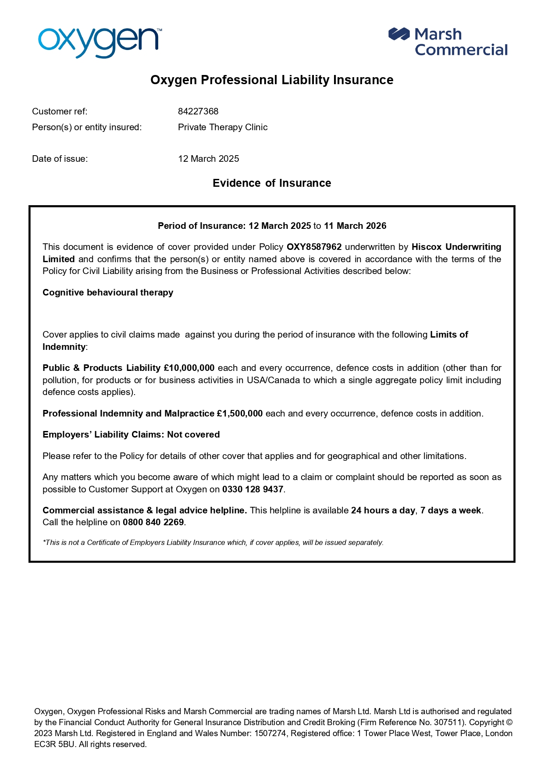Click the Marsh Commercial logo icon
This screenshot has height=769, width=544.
[398, 34]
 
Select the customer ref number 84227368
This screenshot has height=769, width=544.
[198, 111]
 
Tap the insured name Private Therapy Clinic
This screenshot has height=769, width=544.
[223, 127]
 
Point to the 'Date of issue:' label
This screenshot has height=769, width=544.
[60, 159]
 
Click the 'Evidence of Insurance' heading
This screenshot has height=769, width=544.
[272, 183]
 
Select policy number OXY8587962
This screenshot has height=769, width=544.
[314, 247]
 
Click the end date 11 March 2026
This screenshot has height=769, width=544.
[355, 226]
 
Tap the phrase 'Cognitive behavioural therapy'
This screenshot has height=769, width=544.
[108, 292]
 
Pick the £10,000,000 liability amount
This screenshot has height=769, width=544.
[189, 368]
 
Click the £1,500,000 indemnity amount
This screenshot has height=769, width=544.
[240, 413]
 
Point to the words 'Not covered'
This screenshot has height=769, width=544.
[193, 434]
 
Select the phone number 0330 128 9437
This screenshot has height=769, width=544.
[253, 489]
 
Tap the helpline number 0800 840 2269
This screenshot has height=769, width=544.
[153, 522]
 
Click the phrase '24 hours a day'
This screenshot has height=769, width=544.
[383, 510]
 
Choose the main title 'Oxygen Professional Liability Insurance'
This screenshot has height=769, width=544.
[272, 80]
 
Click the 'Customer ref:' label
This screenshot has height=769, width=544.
[60, 111]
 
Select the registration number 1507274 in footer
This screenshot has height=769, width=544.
[270, 733]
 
